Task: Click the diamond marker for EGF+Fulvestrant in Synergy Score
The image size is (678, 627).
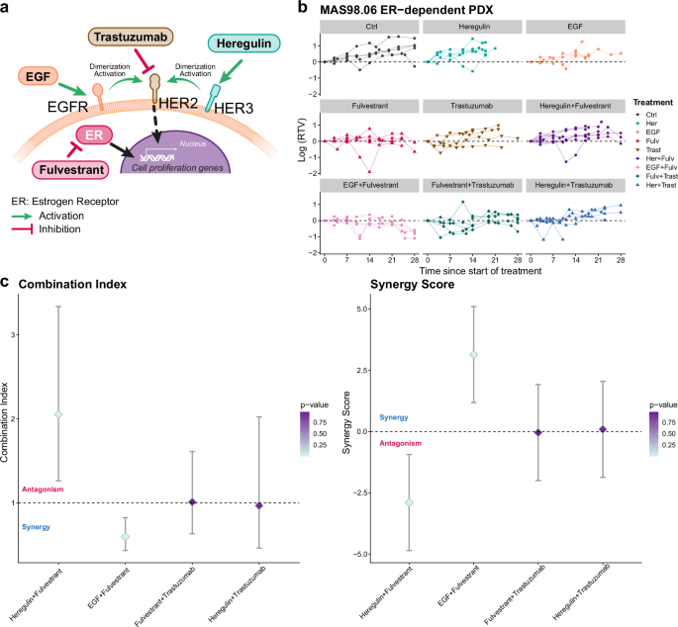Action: (474, 354)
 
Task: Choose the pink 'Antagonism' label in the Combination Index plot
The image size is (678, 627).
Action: (44, 490)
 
